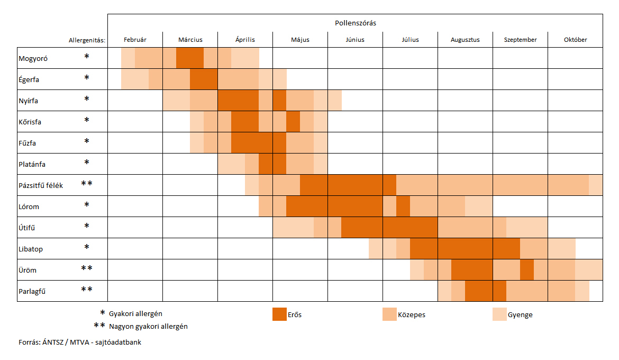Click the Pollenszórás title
(x=356, y=23)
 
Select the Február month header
(x=135, y=40)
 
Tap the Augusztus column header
(x=465, y=40)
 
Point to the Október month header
(x=575, y=40)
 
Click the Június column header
(x=355, y=40)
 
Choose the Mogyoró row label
(x=33, y=59)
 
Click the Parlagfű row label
(x=33, y=291)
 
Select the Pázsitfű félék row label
(x=41, y=185)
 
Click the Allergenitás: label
(x=87, y=40)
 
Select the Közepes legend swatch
(x=389, y=314)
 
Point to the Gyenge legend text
(x=520, y=315)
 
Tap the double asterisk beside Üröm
(x=87, y=269)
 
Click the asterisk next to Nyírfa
(x=87, y=100)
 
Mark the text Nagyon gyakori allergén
(x=148, y=327)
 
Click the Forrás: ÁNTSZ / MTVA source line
(x=80, y=343)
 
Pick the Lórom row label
(x=29, y=206)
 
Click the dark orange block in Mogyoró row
(x=190, y=58)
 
